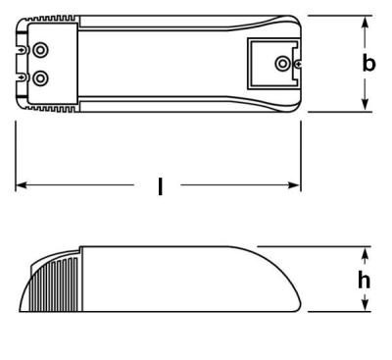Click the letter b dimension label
[x=368, y=64]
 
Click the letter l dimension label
[x=160, y=186]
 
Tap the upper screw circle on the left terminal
[x=40, y=50]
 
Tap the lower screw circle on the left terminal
[x=40, y=77]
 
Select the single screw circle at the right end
[x=282, y=64]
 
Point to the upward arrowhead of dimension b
[x=365, y=23]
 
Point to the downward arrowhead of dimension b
[x=365, y=105]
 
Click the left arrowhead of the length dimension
[x=21, y=185]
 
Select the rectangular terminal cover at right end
[x=271, y=63]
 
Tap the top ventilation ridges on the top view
[x=49, y=19]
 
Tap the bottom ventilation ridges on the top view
[x=49, y=108]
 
